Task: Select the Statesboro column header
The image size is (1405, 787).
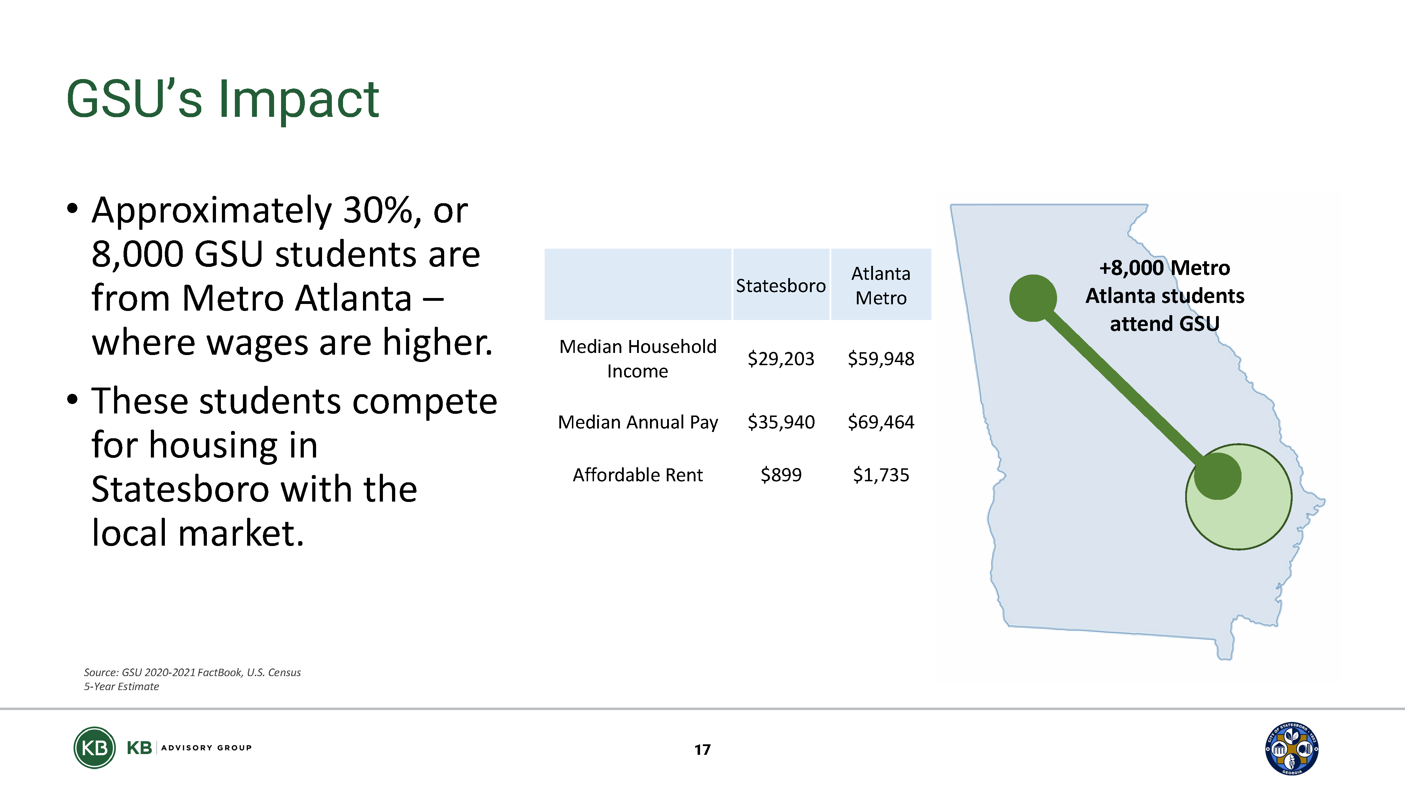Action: [781, 285]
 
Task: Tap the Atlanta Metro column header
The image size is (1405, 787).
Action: [881, 285]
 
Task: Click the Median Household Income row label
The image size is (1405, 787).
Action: [638, 359]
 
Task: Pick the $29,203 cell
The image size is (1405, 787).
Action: [781, 359]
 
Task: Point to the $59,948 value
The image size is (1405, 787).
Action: [881, 359]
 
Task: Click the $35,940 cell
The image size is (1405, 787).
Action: [781, 422]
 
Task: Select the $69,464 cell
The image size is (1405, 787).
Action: [881, 422]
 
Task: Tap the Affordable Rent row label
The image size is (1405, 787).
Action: [638, 475]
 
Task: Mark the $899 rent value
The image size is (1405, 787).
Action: [781, 475]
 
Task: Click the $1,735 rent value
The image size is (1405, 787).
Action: [881, 475]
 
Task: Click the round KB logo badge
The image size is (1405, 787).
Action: [95, 748]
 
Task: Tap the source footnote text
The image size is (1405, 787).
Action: [192, 679]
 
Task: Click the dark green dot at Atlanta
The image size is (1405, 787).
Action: [1033, 298]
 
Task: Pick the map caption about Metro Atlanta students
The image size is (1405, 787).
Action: [1165, 296]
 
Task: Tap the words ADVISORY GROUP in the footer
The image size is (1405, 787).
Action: [206, 748]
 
